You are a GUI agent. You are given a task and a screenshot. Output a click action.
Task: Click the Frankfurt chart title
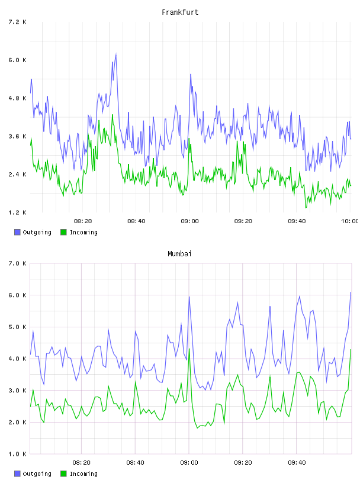(x=180, y=12)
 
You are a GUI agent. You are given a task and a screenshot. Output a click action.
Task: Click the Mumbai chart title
(x=179, y=254)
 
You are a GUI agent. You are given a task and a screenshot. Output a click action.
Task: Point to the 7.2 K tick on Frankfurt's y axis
(x=17, y=22)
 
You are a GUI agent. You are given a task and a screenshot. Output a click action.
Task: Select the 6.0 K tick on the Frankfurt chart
(x=17, y=60)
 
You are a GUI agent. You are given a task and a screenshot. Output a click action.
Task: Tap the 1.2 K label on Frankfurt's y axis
(x=17, y=212)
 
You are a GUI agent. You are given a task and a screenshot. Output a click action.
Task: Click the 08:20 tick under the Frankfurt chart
(x=83, y=221)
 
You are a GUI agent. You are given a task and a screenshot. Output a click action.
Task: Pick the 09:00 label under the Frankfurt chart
(x=189, y=221)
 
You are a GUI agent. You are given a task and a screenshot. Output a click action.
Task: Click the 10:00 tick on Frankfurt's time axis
(x=350, y=221)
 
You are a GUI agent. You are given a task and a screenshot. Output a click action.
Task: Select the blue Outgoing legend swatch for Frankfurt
(x=17, y=232)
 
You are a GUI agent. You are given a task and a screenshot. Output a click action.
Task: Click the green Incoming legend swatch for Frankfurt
(x=63, y=232)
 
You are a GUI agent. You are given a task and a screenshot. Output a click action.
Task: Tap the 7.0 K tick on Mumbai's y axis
(x=17, y=263)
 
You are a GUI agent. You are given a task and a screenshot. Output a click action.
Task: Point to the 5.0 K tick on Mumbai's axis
(x=17, y=327)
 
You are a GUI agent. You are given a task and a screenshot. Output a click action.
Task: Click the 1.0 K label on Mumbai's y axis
(x=17, y=454)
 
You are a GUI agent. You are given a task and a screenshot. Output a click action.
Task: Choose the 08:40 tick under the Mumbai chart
(x=135, y=463)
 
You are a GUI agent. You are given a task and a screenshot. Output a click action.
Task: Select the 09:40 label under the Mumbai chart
(x=297, y=463)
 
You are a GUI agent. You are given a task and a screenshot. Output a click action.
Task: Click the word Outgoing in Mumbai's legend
(x=37, y=474)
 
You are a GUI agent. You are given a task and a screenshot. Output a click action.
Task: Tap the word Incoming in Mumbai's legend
(x=83, y=474)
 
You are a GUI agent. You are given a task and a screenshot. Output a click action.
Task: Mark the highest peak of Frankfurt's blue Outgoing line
(x=116, y=54)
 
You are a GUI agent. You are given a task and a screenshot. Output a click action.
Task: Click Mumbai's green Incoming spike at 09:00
(x=189, y=349)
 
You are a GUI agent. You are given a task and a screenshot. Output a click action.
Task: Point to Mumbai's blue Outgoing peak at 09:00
(x=189, y=297)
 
